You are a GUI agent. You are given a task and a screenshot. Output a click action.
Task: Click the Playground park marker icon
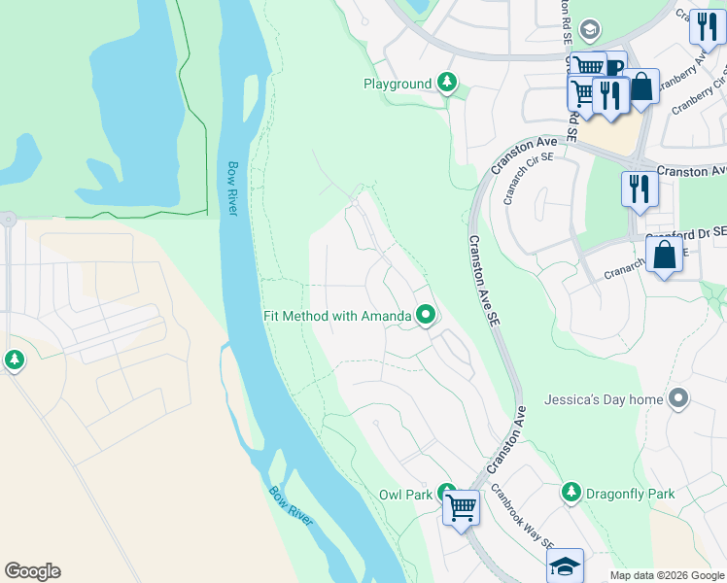point(447,84)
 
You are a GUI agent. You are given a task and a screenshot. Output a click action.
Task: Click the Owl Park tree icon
point(446,494)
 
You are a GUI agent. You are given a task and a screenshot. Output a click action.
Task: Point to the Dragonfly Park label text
point(630,494)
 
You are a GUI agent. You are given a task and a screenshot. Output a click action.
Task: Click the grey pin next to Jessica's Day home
point(679,399)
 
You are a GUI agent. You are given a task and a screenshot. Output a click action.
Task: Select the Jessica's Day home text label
point(604,399)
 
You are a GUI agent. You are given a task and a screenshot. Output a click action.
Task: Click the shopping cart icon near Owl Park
point(461,506)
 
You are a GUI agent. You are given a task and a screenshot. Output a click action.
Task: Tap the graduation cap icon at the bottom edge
point(566,566)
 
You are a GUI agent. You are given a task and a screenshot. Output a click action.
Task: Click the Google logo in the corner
point(32,571)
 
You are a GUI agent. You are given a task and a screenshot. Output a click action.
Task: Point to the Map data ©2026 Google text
point(667,575)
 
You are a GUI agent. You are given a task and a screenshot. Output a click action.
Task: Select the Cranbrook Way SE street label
point(521,515)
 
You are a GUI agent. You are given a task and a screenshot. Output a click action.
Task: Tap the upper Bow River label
point(233,189)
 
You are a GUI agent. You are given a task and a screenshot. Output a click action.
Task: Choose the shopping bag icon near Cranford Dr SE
point(665,256)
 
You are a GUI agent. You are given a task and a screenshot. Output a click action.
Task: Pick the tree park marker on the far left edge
point(14,360)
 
